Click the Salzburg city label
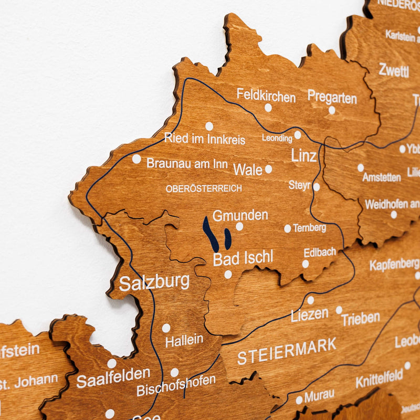coord(154,282)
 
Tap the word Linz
coord(304,156)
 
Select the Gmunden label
coord(240,215)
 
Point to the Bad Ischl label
coord(243,258)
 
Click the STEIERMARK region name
coord(287,351)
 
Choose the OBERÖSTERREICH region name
coord(204,188)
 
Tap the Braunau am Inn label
coord(187,163)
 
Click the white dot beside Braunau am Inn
coord(136,159)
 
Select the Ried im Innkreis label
coord(205,139)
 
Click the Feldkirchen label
coord(266,95)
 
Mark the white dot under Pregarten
coord(332,110)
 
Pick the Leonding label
coord(277,139)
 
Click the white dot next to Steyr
coord(316,186)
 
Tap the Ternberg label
coord(309,228)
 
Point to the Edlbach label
coord(319,252)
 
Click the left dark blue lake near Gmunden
coord(211,234)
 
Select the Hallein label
coord(184,341)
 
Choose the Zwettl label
coord(393,70)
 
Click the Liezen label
coord(310,315)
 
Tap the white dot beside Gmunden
coord(239,227)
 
